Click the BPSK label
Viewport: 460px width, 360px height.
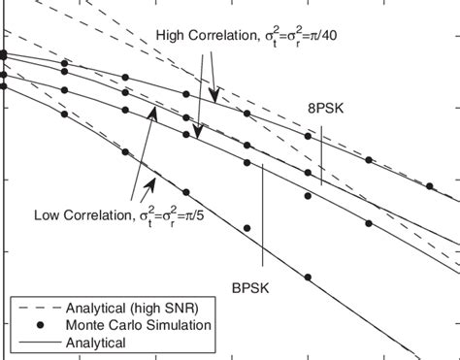(x=249, y=287)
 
